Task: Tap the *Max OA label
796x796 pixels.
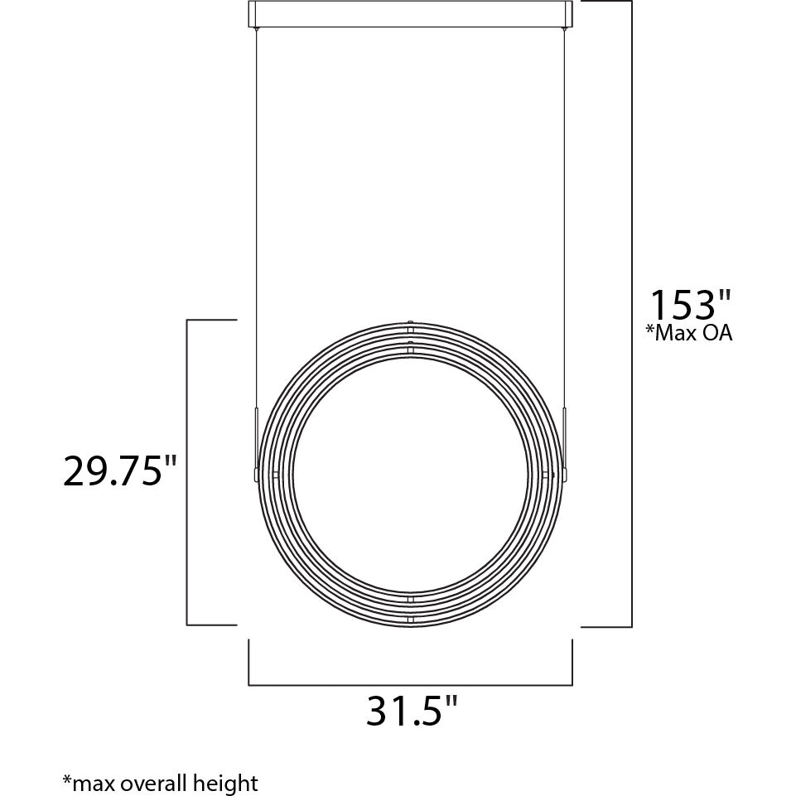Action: pyautogui.click(x=689, y=334)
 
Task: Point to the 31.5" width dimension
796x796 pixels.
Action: pyautogui.click(x=412, y=711)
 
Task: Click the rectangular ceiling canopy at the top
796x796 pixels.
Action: pyautogui.click(x=411, y=16)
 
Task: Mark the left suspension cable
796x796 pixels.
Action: pyautogui.click(x=257, y=207)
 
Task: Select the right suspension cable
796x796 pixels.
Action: pyautogui.click(x=565, y=207)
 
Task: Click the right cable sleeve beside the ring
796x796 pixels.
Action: pyautogui.click(x=565, y=439)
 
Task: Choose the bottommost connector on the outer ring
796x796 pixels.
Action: pyautogui.click(x=411, y=619)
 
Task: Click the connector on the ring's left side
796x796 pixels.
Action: pyautogui.click(x=274, y=475)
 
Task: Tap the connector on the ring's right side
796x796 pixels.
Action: pyautogui.click(x=547, y=475)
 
